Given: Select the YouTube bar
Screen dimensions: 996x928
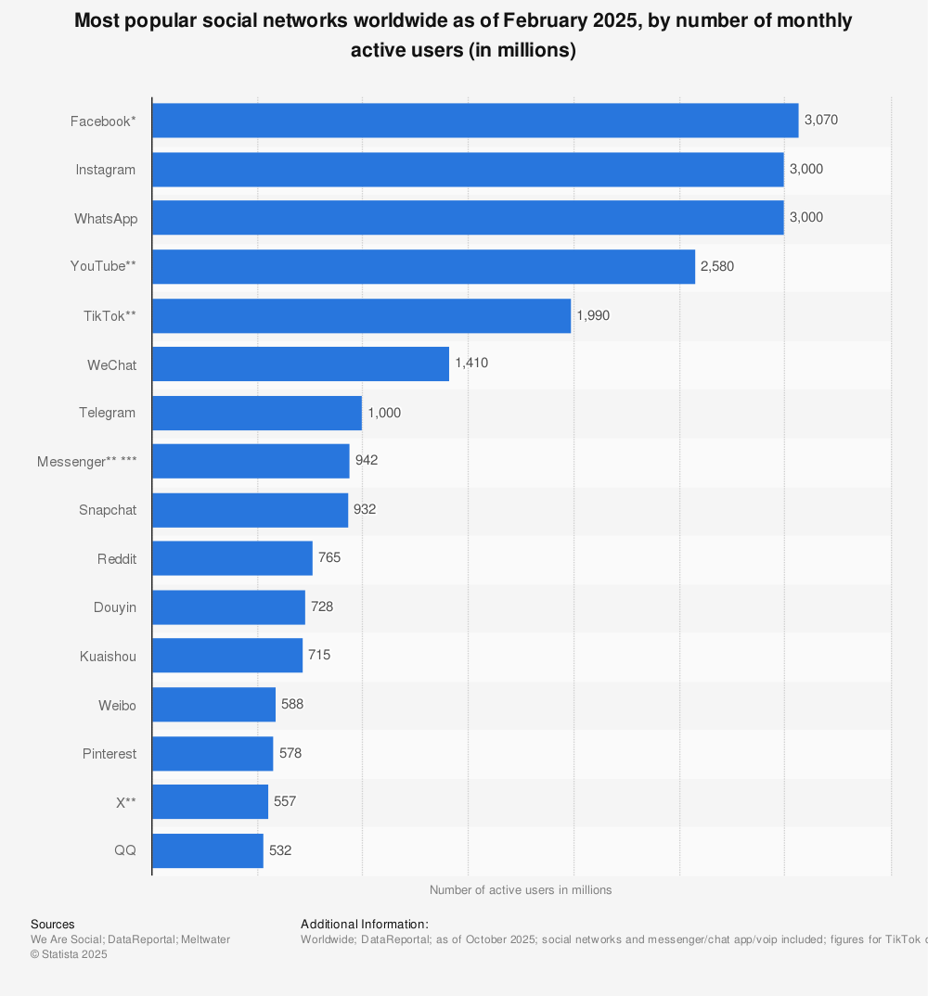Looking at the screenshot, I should (x=423, y=266).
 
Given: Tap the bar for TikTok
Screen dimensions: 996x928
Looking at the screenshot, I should (x=361, y=315).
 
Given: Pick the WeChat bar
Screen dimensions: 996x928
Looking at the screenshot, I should (x=300, y=364).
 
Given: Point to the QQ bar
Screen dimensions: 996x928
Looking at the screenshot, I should (x=207, y=850).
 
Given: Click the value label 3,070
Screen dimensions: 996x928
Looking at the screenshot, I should (x=821, y=121).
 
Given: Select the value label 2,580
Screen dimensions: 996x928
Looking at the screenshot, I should (x=717, y=266).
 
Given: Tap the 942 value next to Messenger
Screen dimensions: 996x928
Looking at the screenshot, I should (x=367, y=461).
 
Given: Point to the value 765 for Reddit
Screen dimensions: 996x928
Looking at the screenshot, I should (x=329, y=558).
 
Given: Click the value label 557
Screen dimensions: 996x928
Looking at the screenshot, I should (x=285, y=801).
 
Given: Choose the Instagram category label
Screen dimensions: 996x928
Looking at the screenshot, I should (x=106, y=170).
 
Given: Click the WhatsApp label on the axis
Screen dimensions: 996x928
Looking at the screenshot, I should (x=106, y=219).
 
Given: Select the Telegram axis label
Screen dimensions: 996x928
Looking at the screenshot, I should (x=107, y=413).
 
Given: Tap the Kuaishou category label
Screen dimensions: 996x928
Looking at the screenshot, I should (x=108, y=657).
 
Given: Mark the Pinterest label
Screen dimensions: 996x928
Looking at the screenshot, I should (x=110, y=754).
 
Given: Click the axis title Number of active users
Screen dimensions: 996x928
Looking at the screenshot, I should (x=521, y=890).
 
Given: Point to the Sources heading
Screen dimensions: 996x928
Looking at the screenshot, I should (x=53, y=925).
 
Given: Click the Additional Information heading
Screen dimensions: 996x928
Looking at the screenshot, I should (x=365, y=925).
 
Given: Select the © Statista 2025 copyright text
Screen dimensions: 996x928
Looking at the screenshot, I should (x=69, y=954).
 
